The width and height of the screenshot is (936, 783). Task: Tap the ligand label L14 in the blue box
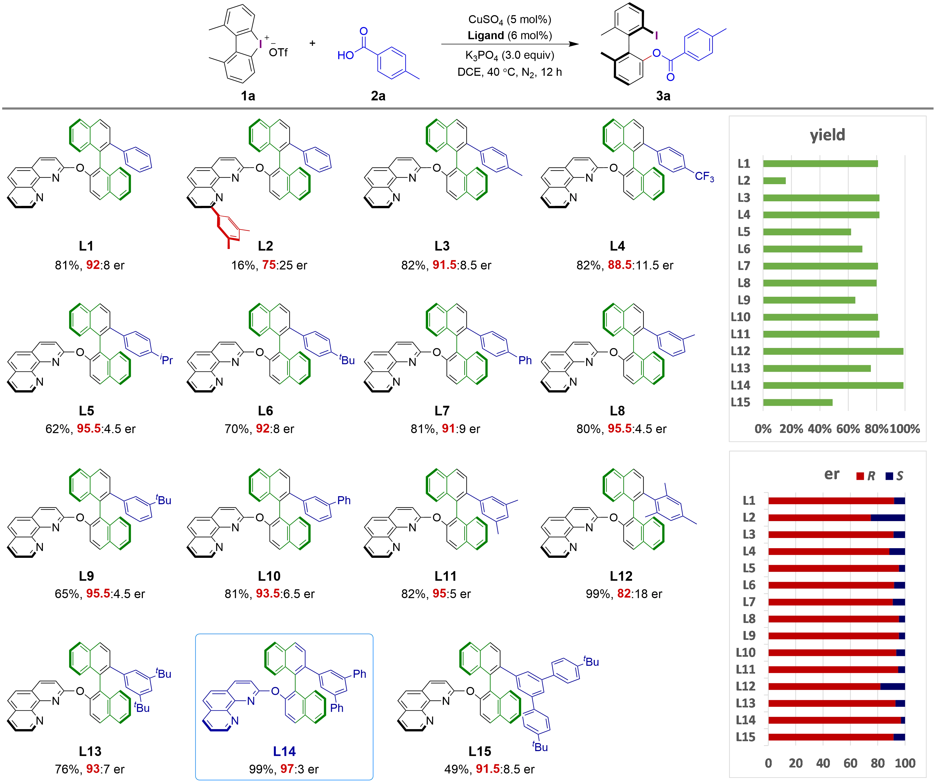click(284, 752)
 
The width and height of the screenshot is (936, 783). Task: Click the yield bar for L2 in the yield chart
click(775, 180)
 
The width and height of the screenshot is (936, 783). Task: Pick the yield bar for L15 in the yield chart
click(798, 402)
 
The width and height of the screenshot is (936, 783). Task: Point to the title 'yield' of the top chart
click(827, 135)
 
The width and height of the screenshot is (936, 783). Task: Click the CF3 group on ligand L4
click(704, 177)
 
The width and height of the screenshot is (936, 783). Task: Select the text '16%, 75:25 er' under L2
click(269, 265)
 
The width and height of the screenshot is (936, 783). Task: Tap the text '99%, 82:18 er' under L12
click(623, 593)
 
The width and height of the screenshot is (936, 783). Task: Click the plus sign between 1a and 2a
click(312, 43)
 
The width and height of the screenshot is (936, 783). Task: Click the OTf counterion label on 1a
click(278, 53)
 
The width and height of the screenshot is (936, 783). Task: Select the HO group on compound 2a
click(346, 55)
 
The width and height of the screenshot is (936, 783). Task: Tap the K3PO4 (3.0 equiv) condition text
click(510, 55)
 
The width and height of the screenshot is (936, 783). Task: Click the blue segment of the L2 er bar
click(888, 517)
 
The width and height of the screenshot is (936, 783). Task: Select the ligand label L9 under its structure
click(87, 576)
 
